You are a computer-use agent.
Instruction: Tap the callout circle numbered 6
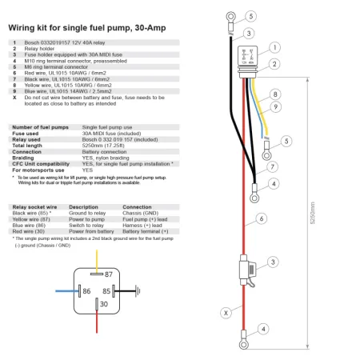pyautogui.click(x=261, y=218)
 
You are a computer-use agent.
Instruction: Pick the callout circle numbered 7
pyautogui.click(x=273, y=166)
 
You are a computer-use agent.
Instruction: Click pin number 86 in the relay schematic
pyautogui.click(x=86, y=292)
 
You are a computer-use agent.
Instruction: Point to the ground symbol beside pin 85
pyautogui.click(x=137, y=291)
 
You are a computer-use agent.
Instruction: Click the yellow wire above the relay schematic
pyautogui.click(x=98, y=258)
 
